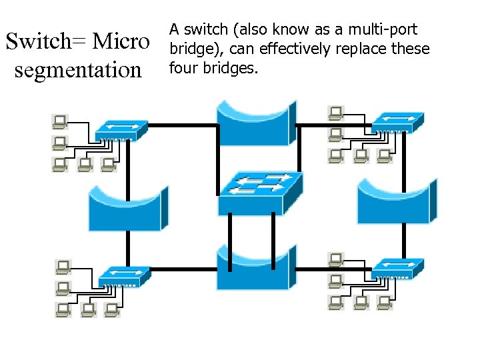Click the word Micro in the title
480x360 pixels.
tap(121, 41)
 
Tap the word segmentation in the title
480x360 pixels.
tap(78, 69)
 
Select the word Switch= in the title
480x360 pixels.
tap(46, 41)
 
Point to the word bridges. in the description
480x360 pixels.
tap(233, 68)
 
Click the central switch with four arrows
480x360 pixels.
tap(261, 191)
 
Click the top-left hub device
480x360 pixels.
tap(121, 130)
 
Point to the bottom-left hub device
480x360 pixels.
tap(125, 276)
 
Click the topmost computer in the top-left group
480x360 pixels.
tap(60, 121)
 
